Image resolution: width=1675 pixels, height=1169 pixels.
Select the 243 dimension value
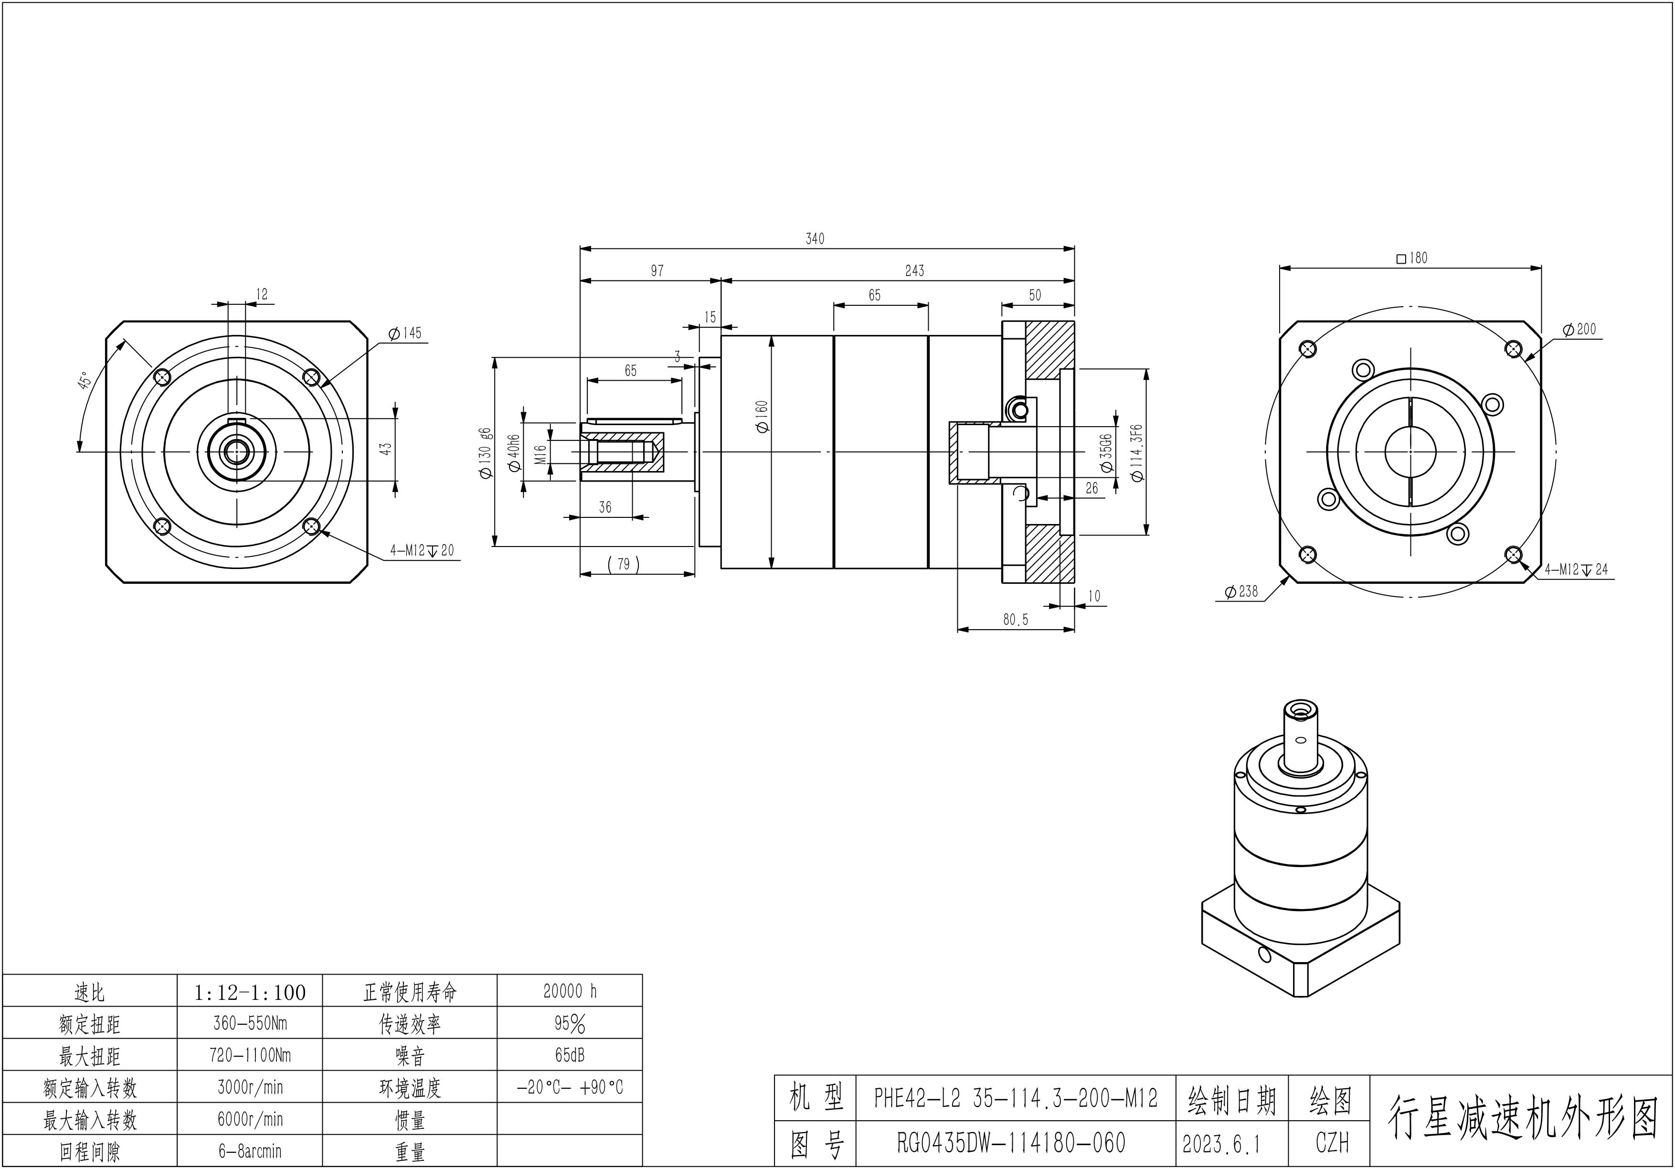[x=914, y=271]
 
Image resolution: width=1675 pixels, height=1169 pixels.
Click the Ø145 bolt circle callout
[x=405, y=333]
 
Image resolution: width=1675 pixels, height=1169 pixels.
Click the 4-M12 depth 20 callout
[x=421, y=550]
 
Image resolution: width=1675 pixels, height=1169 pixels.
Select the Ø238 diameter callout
[x=1241, y=591]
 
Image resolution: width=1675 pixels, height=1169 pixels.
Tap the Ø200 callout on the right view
[x=1580, y=329]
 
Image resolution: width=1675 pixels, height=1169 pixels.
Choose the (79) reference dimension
[x=623, y=564]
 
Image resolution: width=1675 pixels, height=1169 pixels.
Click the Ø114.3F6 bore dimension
[x=1136, y=452]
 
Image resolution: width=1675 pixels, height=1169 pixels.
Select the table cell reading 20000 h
[x=569, y=991]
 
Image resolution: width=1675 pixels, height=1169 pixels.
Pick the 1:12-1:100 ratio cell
[x=250, y=992]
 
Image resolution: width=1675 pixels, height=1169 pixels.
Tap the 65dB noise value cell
[x=569, y=1055]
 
